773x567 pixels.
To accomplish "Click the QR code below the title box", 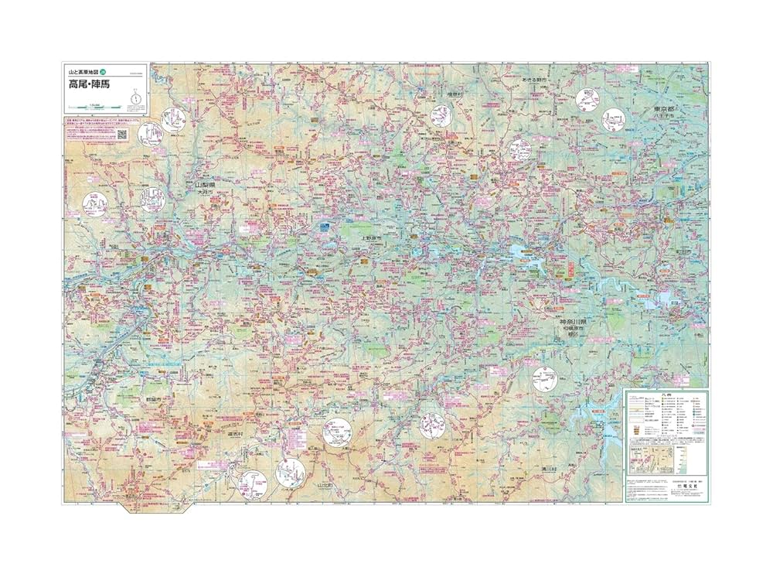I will [121, 133].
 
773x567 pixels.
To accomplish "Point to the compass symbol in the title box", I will [136, 97].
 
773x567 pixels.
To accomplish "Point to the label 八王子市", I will [669, 118].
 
